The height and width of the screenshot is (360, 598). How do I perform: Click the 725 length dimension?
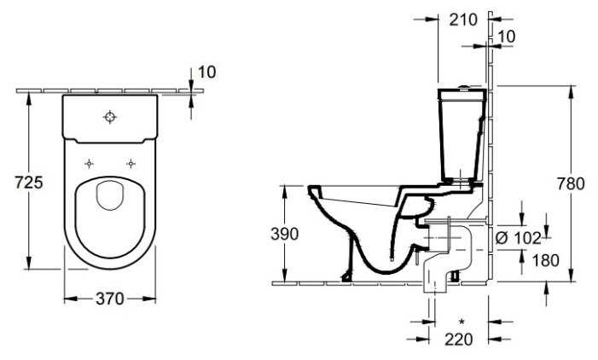[29, 183]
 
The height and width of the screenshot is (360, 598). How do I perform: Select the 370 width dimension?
[110, 299]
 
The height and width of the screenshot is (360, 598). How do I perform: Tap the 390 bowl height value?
[285, 234]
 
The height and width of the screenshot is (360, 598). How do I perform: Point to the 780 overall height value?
[571, 183]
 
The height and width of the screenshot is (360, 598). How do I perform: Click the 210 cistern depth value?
[463, 20]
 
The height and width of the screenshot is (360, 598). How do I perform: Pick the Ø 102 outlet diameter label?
[518, 238]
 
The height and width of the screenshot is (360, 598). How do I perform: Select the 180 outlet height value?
[545, 260]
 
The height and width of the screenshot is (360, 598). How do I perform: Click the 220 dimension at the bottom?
[459, 339]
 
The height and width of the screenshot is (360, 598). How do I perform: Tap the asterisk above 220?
[462, 322]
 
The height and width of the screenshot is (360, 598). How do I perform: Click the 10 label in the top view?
[207, 72]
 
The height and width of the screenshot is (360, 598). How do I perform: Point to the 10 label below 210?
[507, 37]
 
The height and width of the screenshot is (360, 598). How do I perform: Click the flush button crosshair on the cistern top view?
[110, 117]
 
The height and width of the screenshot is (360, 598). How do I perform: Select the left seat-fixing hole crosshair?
[89, 164]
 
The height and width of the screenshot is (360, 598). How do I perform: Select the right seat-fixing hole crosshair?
[131, 164]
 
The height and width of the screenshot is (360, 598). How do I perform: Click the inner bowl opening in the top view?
[110, 195]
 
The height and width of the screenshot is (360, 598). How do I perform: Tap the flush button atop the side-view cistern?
[464, 87]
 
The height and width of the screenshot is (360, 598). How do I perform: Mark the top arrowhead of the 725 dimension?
[29, 99]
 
